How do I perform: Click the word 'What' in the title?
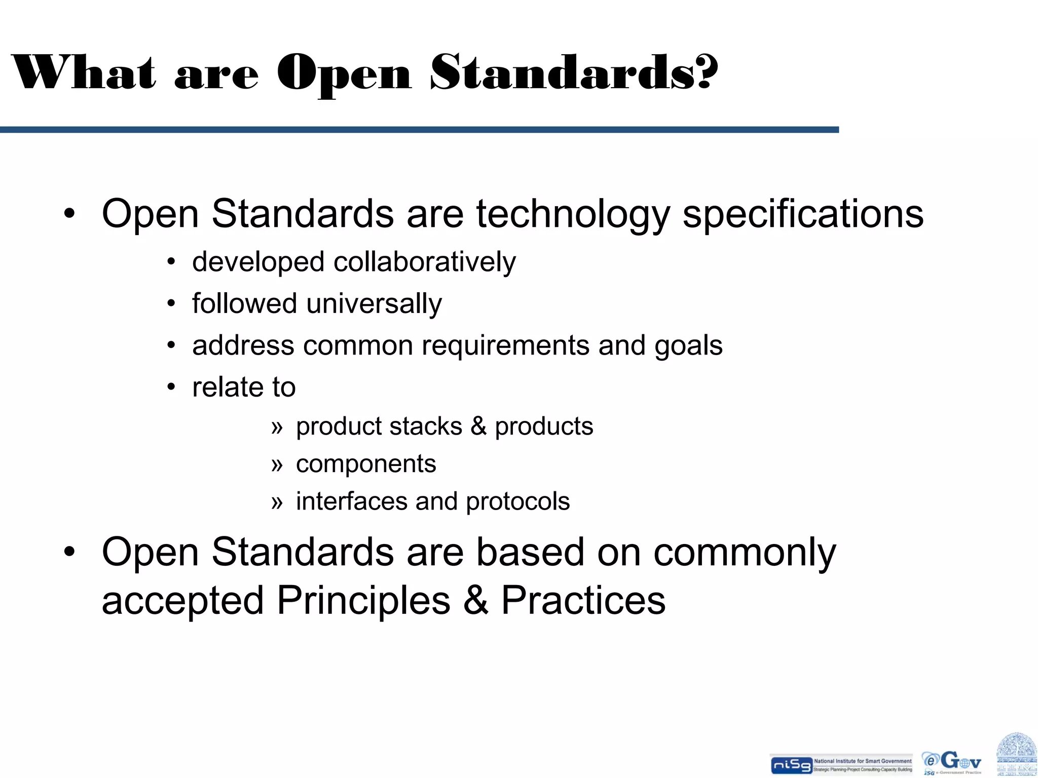tap(84, 72)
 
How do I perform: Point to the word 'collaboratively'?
tap(424, 262)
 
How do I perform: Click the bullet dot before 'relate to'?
tap(171, 387)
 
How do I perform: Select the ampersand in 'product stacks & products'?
tap(478, 426)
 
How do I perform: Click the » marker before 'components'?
tap(276, 464)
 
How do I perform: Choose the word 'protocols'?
tap(517, 502)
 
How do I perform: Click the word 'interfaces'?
tap(351, 501)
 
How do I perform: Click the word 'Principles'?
tap(363, 601)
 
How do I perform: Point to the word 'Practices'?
tap(583, 601)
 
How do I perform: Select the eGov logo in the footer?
tap(952, 762)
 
